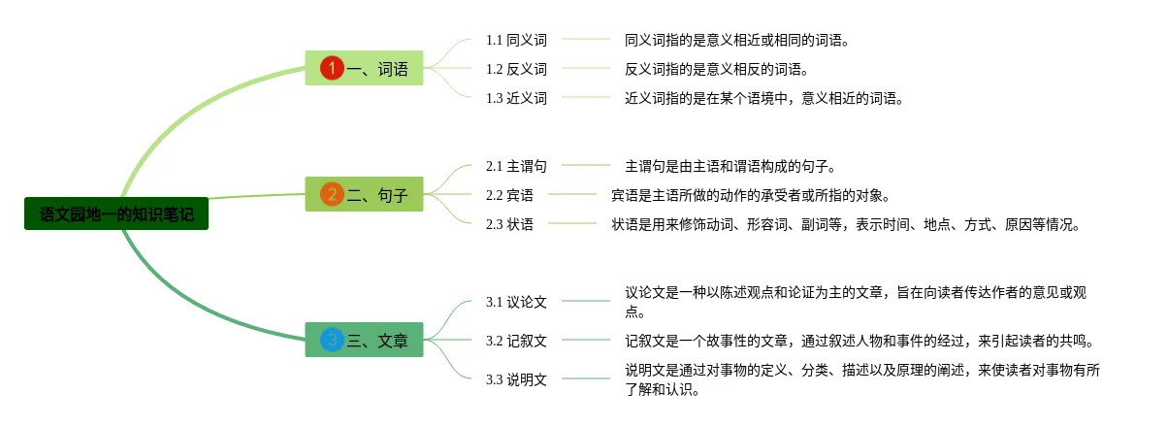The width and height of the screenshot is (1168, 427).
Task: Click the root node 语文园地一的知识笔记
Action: (116, 214)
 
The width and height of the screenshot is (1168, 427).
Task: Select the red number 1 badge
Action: (332, 68)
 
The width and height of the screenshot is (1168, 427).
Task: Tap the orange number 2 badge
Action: (332, 194)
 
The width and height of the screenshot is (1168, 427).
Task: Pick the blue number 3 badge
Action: (332, 340)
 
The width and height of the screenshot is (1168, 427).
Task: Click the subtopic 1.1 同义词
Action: (516, 40)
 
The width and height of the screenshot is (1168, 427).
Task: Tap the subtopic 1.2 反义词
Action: (516, 69)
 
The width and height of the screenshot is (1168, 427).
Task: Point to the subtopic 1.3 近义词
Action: (516, 98)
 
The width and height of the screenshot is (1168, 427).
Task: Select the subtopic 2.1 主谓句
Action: (516, 166)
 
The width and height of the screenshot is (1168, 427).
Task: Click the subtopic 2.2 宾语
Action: (509, 195)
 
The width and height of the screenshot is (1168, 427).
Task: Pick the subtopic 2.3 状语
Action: (509, 224)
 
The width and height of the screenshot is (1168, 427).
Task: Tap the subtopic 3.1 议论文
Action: (516, 302)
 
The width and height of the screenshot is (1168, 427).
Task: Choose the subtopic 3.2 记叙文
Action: (516, 341)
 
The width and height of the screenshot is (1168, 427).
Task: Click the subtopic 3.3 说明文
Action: (516, 379)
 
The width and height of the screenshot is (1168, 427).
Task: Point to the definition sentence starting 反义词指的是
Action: (716, 69)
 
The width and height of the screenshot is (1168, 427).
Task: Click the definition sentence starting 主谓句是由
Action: (730, 166)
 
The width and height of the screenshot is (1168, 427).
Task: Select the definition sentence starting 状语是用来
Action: (844, 224)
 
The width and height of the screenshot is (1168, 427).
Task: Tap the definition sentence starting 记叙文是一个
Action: (860, 341)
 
